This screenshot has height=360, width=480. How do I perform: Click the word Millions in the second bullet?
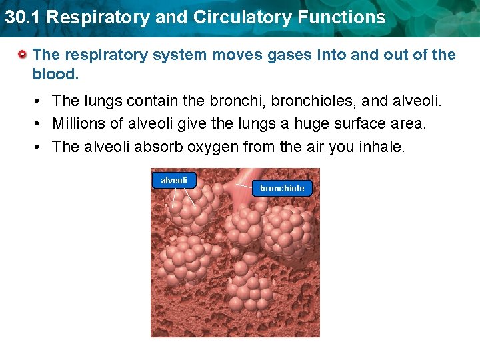(78, 124)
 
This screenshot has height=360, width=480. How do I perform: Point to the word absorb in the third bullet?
(155, 147)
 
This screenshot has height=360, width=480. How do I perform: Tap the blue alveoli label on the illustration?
(174, 180)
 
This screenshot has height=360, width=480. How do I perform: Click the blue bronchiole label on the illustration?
(282, 189)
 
